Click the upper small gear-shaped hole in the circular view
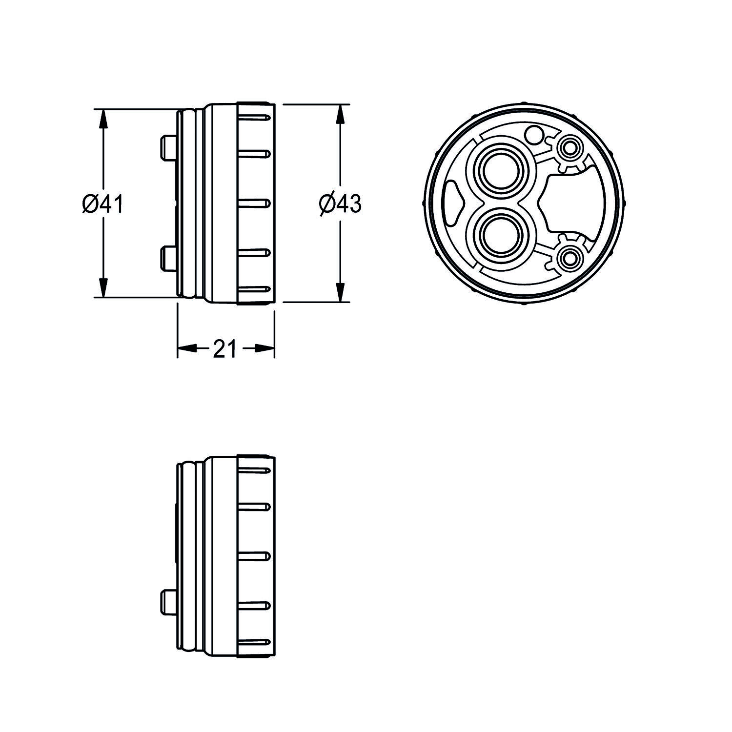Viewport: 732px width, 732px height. point(569,148)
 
